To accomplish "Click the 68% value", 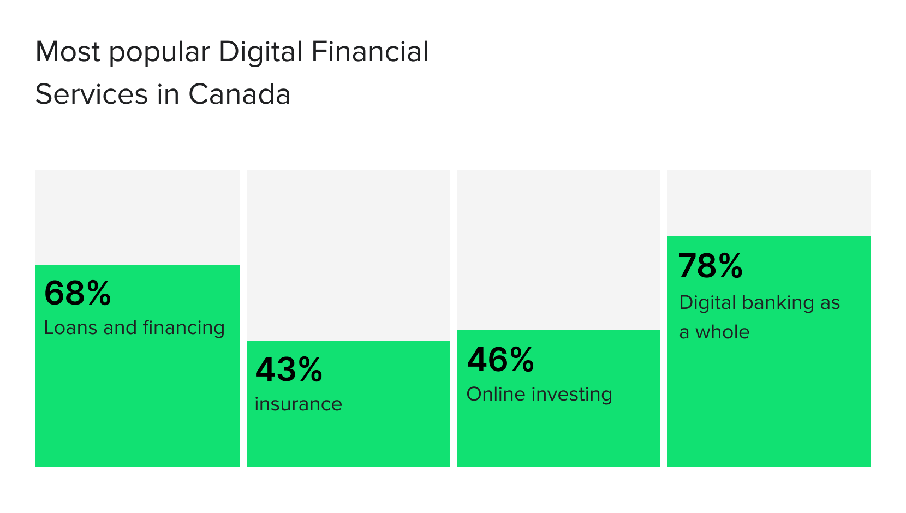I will point(78,293).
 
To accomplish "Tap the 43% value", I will point(289,369).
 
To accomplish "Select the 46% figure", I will point(500,360).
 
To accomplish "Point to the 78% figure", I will point(710,266).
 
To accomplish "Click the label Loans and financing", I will point(134,327).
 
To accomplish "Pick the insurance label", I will point(298,404).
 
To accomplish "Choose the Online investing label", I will point(539,394).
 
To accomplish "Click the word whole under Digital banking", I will point(722,332).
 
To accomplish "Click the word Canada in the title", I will point(239,94).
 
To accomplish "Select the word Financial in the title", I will point(370,52).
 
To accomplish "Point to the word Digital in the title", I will point(260,52).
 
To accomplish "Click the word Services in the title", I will point(91,94).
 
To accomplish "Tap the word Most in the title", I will point(68,52).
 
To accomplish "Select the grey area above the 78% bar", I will point(769,202).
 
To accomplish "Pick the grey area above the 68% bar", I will point(138,217).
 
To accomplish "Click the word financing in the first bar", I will point(183,328).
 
